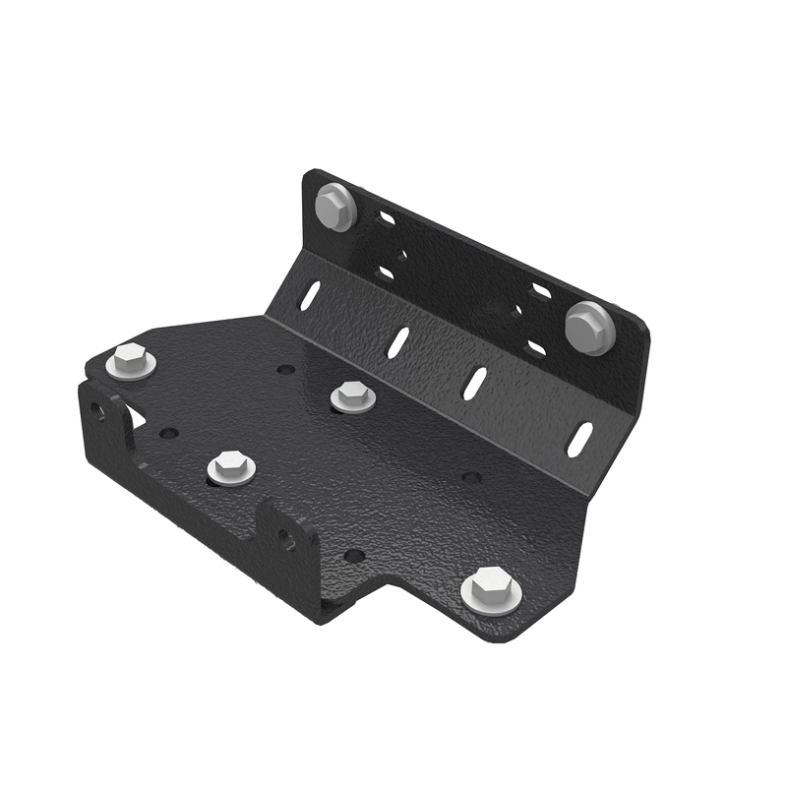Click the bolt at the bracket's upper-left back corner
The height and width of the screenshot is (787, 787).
pyautogui.click(x=334, y=209)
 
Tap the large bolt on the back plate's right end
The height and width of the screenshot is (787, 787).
pyautogui.click(x=587, y=327)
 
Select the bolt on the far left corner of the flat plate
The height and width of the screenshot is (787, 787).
pyautogui.click(x=131, y=361)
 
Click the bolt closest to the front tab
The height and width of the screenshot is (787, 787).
pyautogui.click(x=231, y=466)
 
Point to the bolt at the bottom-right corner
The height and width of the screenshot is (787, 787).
pyautogui.click(x=491, y=592)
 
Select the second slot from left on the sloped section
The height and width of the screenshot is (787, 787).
pyautogui.click(x=397, y=341)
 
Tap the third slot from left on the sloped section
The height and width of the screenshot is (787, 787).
pyautogui.click(x=476, y=383)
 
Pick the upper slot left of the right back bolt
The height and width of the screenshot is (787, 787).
pyautogui.click(x=541, y=291)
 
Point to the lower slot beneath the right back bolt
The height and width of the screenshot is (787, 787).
pyautogui.click(x=536, y=347)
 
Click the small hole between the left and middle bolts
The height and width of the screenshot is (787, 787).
pyautogui.click(x=285, y=370)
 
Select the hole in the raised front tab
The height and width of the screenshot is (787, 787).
pyautogui.click(x=284, y=537)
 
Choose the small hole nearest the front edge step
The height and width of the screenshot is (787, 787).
pyautogui.click(x=354, y=556)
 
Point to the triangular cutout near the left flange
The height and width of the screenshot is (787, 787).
pyautogui.click(x=138, y=418)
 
